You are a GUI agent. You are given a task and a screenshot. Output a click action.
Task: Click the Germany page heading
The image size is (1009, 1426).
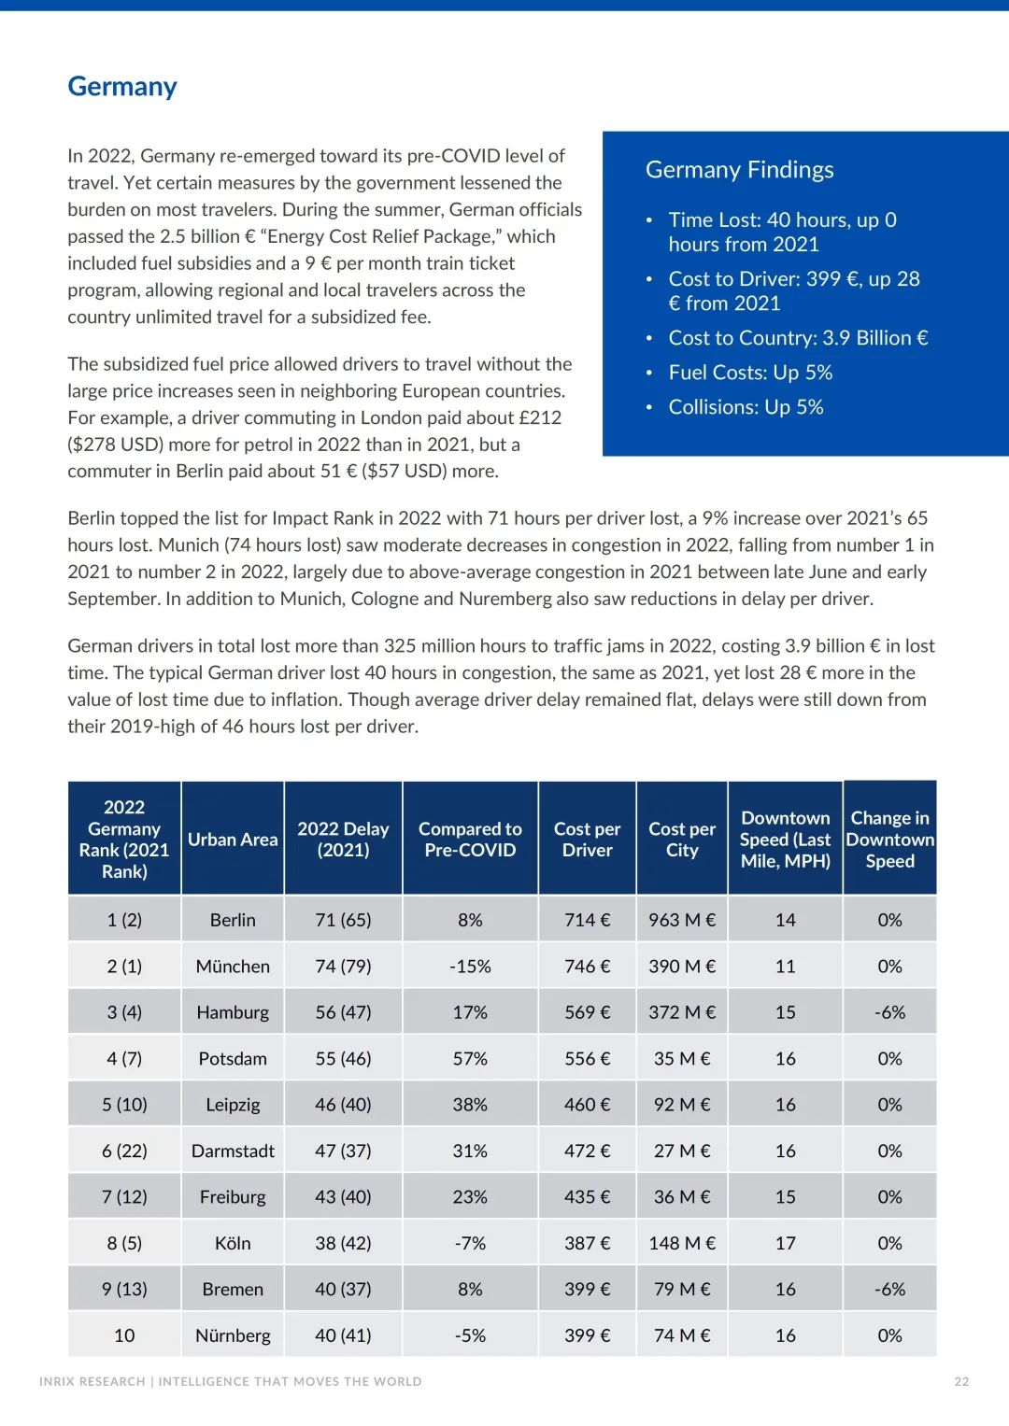click(122, 87)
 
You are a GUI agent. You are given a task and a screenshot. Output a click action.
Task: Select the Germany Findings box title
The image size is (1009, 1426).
click(739, 170)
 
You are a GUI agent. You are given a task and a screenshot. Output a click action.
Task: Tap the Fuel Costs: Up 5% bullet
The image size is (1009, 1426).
click(749, 373)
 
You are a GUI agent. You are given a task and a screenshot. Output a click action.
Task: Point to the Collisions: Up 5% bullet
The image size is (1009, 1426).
click(745, 407)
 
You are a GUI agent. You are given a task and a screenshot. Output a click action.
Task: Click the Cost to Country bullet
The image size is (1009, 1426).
click(797, 338)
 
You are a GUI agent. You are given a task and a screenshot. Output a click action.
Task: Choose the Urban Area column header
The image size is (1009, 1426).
click(233, 840)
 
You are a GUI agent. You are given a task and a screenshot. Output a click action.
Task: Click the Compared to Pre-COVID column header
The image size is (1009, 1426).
click(470, 840)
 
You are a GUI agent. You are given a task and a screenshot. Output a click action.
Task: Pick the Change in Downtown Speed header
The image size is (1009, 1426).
click(889, 840)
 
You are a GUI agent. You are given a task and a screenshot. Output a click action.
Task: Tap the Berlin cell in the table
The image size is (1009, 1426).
click(233, 920)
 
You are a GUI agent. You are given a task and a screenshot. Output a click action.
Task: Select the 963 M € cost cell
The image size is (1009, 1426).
click(682, 920)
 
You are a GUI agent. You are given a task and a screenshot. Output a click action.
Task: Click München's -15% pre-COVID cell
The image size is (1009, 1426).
click(470, 967)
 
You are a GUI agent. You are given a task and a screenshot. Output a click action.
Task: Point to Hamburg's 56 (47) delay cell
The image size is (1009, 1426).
click(343, 1012)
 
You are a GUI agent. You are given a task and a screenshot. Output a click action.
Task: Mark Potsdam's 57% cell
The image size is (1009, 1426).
click(470, 1059)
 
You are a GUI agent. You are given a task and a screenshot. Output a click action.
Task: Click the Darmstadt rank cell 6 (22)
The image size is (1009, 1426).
click(124, 1151)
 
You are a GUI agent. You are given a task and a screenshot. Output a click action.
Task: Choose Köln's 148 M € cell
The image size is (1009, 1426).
click(682, 1243)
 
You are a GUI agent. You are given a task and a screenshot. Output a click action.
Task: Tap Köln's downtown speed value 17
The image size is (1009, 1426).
click(785, 1243)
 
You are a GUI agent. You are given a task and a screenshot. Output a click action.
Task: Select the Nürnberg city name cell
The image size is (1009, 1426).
click(233, 1335)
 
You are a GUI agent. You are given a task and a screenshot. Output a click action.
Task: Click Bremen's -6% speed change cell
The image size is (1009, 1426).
click(889, 1290)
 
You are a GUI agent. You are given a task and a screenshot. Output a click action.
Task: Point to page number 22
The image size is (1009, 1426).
click(961, 1382)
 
